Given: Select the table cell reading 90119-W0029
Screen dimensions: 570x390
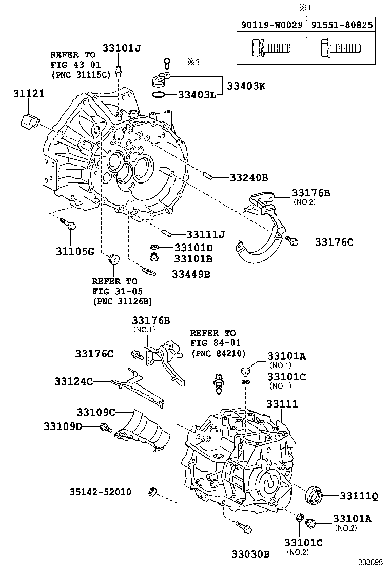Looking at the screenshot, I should click(x=271, y=24).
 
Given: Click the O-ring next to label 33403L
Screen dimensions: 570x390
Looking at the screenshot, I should click(x=159, y=95).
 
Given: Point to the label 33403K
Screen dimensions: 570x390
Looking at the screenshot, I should click(x=244, y=86).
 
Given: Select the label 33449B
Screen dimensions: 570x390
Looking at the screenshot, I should click(x=190, y=274).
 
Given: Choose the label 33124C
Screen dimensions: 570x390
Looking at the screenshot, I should click(x=74, y=381).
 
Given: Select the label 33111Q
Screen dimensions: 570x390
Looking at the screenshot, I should click(x=358, y=496).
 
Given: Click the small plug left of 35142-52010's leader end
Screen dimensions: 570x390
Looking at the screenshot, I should click(x=151, y=493).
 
